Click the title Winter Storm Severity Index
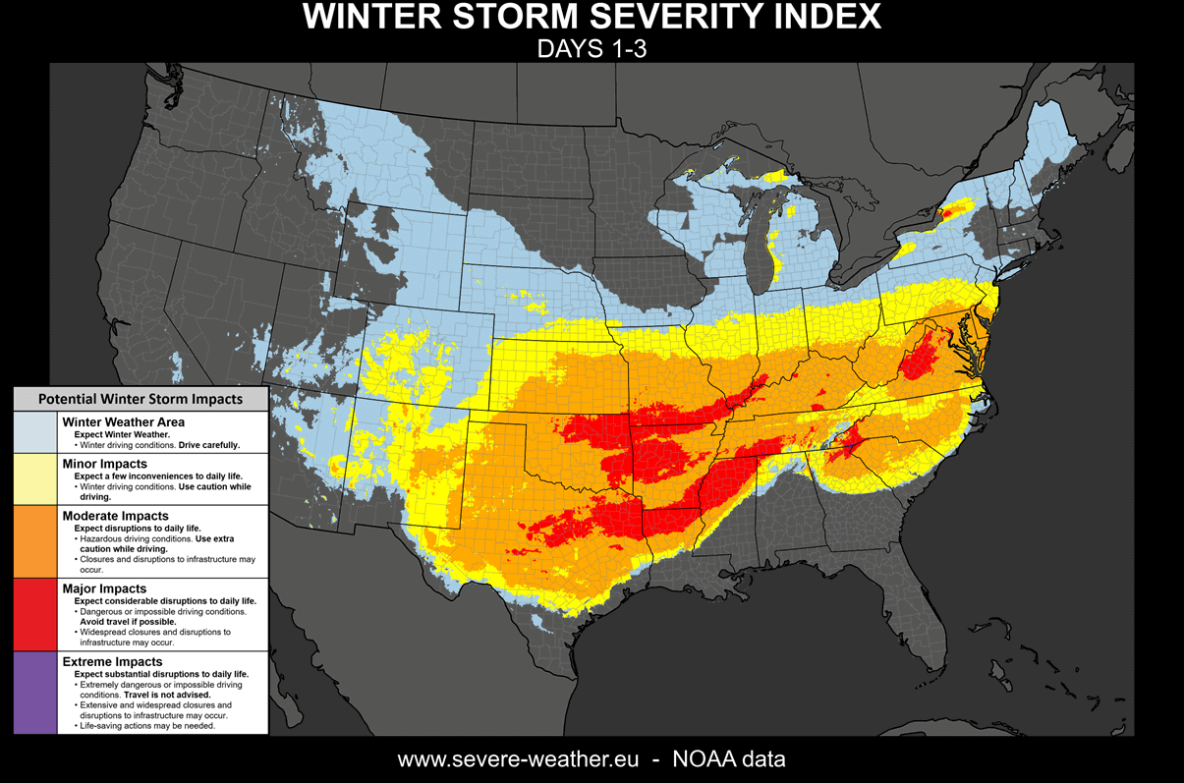pyautogui.click(x=592, y=18)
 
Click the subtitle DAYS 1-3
pyautogui.click(x=592, y=49)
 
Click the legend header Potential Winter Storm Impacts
pyautogui.click(x=140, y=399)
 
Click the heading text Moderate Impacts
pyautogui.click(x=115, y=516)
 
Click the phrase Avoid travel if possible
pyautogui.click(x=126, y=622)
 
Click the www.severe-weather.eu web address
pyautogui.click(x=518, y=759)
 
